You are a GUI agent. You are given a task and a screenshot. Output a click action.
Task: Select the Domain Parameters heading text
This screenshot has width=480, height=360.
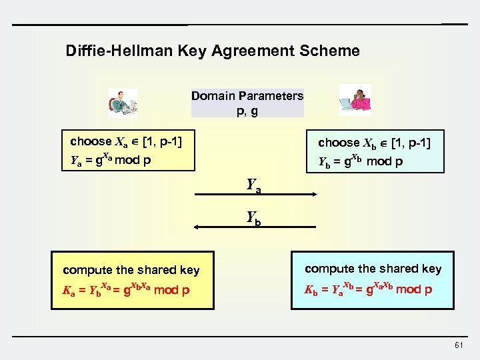pos(247,95)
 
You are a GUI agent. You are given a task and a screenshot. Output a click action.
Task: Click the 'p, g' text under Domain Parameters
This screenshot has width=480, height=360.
pos(247,111)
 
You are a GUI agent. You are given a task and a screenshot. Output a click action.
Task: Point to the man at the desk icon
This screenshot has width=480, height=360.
pos(123,103)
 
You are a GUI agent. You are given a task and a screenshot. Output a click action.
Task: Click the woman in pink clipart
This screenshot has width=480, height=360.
pos(355,100)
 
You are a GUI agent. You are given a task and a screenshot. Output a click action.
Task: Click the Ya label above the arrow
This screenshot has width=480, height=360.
pos(253,185)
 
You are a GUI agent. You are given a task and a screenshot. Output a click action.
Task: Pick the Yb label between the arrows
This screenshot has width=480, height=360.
pos(253,217)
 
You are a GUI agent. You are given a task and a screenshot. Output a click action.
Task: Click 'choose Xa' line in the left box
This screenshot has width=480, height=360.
pos(127,141)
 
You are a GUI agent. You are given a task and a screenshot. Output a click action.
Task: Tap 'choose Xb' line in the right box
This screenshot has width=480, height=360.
pos(374,142)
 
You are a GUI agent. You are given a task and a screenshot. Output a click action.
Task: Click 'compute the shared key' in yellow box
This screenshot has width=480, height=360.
pos(131,270)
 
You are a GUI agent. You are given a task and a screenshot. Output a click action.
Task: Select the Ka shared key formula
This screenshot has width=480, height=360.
pos(126,291)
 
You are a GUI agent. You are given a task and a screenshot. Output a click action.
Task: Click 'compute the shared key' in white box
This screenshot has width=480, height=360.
pos(373,269)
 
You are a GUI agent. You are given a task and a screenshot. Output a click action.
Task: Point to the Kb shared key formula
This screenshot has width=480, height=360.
pos(369,289)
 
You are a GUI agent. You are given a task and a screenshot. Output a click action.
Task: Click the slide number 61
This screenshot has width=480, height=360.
pos(458,345)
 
